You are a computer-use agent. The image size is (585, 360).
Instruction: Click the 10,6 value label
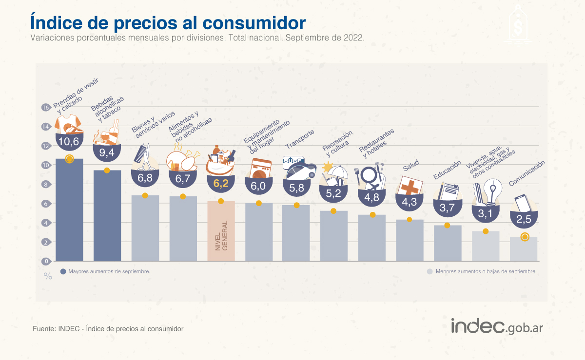point(69,142)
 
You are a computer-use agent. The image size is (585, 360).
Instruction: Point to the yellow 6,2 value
point(221,184)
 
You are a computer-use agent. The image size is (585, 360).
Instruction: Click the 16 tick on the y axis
point(46,107)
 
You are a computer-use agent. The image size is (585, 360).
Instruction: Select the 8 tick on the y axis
point(46,184)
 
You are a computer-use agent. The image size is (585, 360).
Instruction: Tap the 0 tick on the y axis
point(46,261)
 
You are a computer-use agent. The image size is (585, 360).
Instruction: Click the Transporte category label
point(300,140)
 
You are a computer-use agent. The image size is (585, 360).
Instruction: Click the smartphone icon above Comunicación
point(522,203)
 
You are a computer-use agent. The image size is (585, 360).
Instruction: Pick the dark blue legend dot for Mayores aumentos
point(63,271)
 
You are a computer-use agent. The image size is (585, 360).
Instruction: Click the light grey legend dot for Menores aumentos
point(429,271)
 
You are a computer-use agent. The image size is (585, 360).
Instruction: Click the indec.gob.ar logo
point(496,326)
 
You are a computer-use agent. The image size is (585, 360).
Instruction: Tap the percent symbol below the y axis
point(48,276)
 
